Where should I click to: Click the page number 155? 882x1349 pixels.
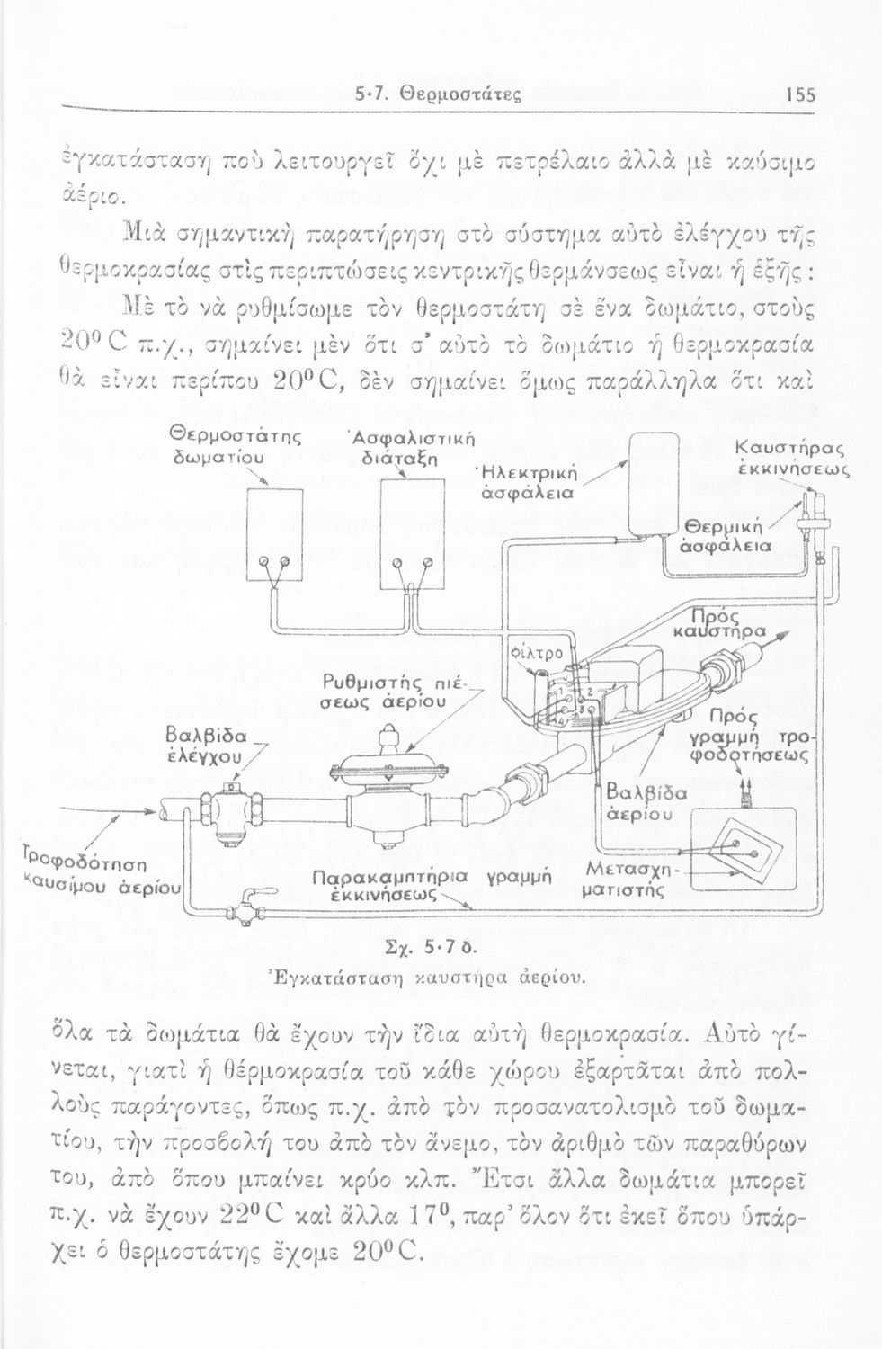coord(798,92)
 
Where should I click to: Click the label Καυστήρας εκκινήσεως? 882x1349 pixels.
coord(788,458)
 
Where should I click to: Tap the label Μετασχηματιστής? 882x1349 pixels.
coord(628,880)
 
